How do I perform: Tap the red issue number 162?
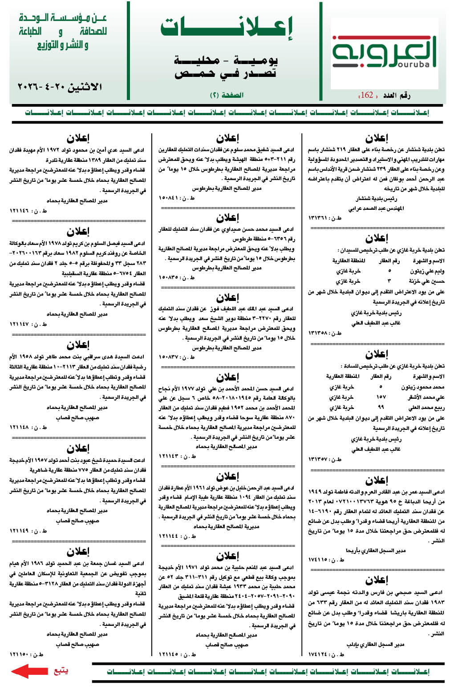367,95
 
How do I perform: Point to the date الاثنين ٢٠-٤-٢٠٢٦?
60,87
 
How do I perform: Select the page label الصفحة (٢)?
227,95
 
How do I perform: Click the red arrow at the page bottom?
29,671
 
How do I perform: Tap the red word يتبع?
61,671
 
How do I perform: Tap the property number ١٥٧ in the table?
381,397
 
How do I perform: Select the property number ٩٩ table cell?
381,407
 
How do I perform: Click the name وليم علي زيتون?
427,271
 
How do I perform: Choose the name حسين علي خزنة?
427,281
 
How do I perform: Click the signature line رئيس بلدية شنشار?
376,199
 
